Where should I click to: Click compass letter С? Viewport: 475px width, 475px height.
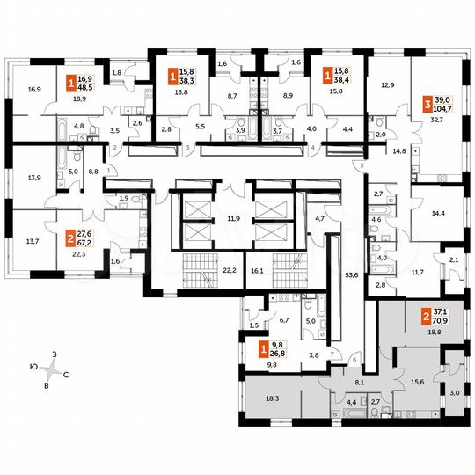tap(67, 372)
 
